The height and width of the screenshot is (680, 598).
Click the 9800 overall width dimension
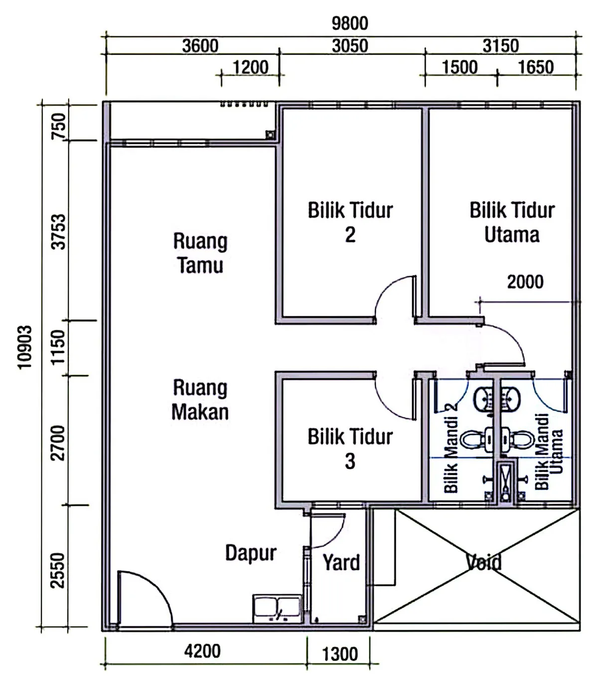tap(349, 23)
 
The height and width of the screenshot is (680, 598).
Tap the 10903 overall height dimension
tap(25, 347)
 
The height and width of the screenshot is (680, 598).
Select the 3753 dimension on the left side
tap(58, 232)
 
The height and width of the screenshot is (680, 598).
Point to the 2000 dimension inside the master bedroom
tap(525, 281)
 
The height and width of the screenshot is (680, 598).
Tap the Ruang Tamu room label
tap(200, 253)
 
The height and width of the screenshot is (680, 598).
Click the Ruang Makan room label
tap(200, 400)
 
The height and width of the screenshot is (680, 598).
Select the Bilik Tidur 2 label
tap(350, 222)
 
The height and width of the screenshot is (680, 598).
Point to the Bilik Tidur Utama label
tap(512, 222)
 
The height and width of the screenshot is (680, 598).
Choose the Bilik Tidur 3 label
tap(350, 448)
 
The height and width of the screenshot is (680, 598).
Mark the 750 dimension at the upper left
tap(58, 126)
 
